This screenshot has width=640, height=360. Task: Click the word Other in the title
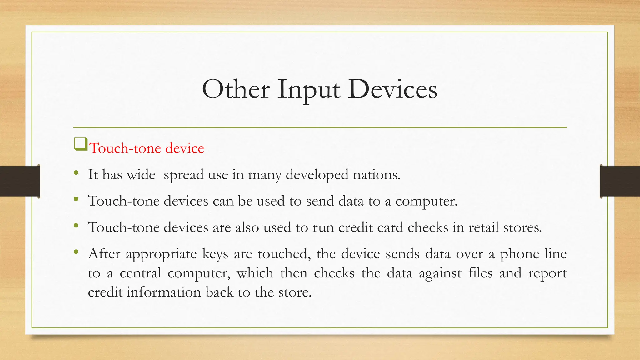pyautogui.click(x=236, y=89)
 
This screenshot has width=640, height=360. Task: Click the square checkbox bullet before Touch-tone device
pyautogui.click(x=81, y=144)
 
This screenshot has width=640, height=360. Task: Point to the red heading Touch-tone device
pyautogui.click(x=147, y=148)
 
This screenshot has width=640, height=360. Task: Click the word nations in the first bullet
pyautogui.click(x=376, y=174)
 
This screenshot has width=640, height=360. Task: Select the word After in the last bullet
pyautogui.click(x=104, y=253)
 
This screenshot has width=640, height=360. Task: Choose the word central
pyautogui.click(x=140, y=273)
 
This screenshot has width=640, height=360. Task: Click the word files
pyautogui.click(x=480, y=273)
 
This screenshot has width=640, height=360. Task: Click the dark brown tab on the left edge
pyautogui.click(x=20, y=181)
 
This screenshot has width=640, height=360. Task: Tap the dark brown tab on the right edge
pyautogui.click(x=620, y=181)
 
